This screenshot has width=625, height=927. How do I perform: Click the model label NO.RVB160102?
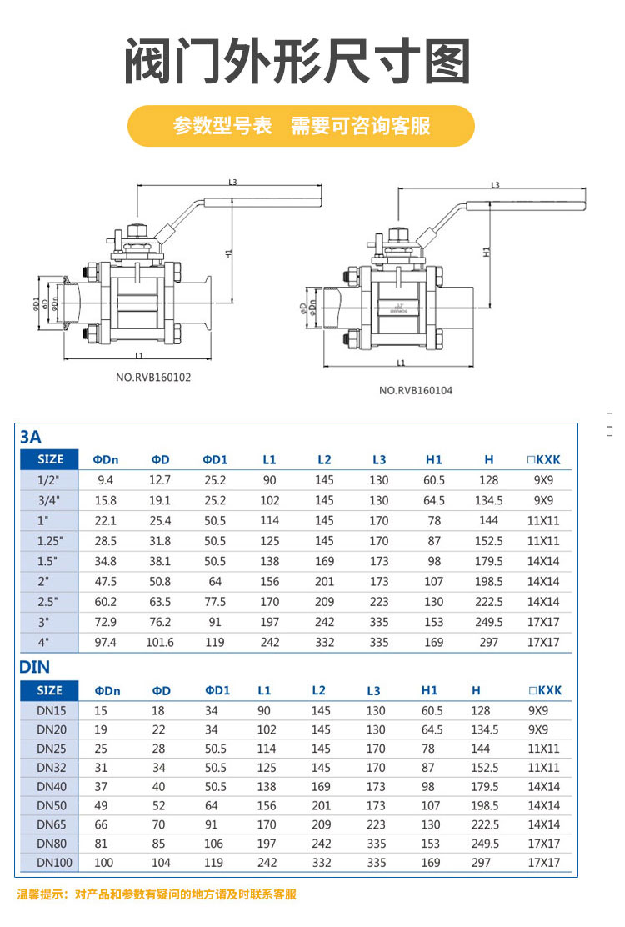click(x=153, y=377)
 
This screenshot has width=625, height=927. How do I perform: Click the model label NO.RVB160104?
click(x=416, y=390)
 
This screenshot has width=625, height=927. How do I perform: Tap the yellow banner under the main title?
click(x=301, y=126)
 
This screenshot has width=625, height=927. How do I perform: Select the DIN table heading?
click(x=34, y=667)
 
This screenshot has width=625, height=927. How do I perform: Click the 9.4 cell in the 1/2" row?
click(x=106, y=480)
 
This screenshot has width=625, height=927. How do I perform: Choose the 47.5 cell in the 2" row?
click(x=106, y=581)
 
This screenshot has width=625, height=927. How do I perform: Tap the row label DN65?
click(x=50, y=824)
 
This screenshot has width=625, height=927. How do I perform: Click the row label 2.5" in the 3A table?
click(x=50, y=602)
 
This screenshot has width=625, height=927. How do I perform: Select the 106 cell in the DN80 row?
click(x=215, y=844)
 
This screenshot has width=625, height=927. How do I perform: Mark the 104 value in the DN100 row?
click(x=161, y=863)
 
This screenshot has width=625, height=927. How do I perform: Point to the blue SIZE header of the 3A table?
click(x=50, y=459)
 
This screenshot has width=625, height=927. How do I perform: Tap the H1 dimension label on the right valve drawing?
click(x=486, y=251)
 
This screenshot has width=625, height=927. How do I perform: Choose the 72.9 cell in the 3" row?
click(x=106, y=622)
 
